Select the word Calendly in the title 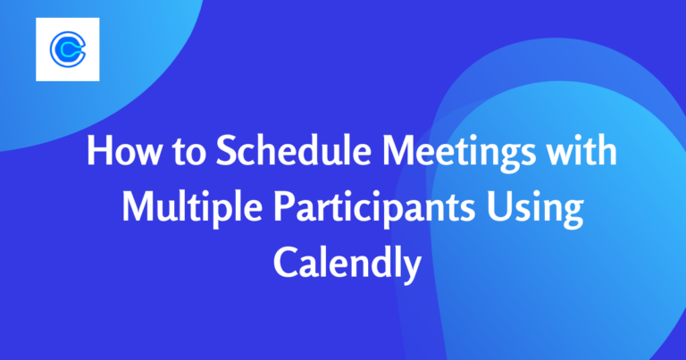click(344, 261)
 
